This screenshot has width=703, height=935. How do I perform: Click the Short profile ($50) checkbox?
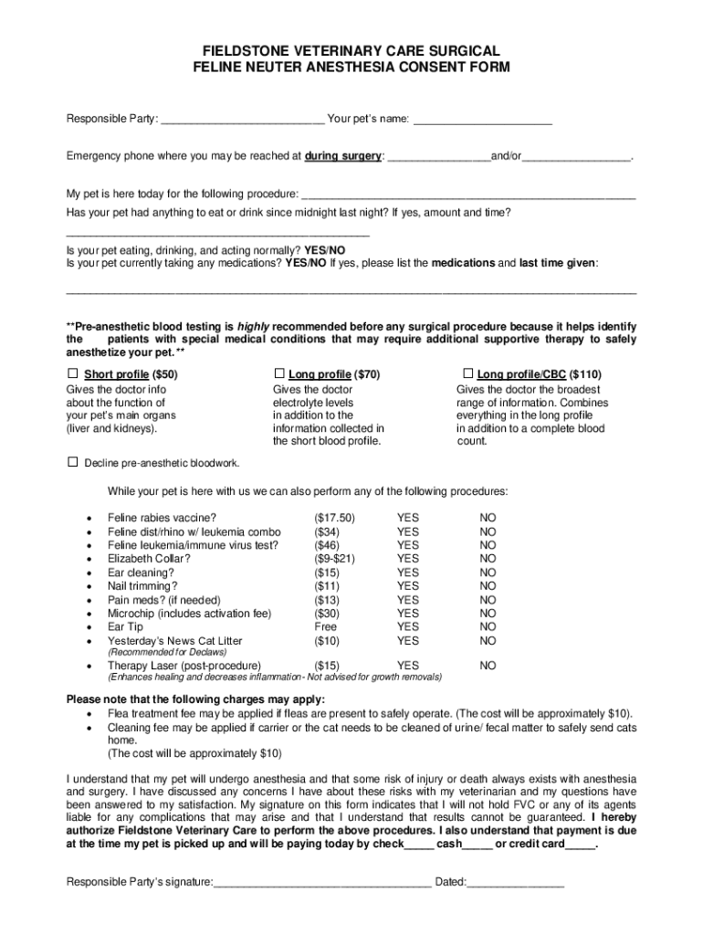(x=73, y=373)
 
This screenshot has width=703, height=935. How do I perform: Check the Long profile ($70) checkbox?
(x=279, y=373)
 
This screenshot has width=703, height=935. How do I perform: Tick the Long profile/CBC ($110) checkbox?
(x=467, y=373)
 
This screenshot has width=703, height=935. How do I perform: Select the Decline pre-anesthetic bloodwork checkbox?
(x=73, y=462)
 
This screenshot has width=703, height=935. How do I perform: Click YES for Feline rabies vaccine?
(x=407, y=518)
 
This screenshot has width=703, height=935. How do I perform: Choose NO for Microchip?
(x=488, y=614)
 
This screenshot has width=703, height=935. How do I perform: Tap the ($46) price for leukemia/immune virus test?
(x=326, y=545)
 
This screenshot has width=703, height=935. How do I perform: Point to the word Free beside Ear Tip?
(x=325, y=627)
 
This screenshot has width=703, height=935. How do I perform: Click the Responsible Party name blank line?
(x=242, y=119)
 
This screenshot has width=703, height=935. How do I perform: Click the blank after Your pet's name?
(x=483, y=119)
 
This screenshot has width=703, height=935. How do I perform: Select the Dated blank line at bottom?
(x=516, y=883)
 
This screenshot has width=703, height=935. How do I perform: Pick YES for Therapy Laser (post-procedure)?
(x=407, y=666)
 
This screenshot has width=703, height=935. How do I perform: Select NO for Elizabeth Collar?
(x=488, y=559)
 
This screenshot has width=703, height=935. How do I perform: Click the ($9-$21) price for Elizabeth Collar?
(x=334, y=559)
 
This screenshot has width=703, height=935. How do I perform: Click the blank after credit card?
(x=580, y=846)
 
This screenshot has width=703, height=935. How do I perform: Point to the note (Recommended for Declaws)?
(x=167, y=653)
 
